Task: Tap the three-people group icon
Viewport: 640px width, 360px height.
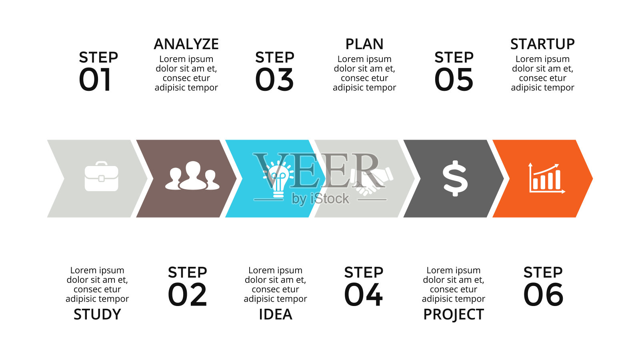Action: [192, 176]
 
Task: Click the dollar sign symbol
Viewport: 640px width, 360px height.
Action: [455, 178]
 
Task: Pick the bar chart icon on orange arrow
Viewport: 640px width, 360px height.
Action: [547, 178]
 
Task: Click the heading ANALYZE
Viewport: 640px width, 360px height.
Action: [186, 44]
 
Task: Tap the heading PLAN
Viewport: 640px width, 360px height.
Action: [364, 44]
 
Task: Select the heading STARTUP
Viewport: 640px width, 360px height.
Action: [542, 44]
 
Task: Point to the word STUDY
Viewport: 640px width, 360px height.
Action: [97, 314]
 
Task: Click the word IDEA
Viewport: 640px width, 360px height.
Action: [276, 314]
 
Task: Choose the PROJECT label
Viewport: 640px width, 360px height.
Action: [454, 314]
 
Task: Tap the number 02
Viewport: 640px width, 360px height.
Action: [187, 294]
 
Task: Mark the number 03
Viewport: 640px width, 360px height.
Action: [274, 80]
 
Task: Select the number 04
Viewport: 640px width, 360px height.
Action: [364, 294]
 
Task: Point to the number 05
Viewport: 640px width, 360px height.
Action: [454, 80]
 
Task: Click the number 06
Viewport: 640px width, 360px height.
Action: [543, 294]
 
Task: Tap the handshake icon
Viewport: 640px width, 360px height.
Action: [372, 180]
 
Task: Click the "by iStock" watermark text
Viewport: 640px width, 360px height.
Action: [320, 199]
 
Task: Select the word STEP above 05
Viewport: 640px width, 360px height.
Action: [454, 58]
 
